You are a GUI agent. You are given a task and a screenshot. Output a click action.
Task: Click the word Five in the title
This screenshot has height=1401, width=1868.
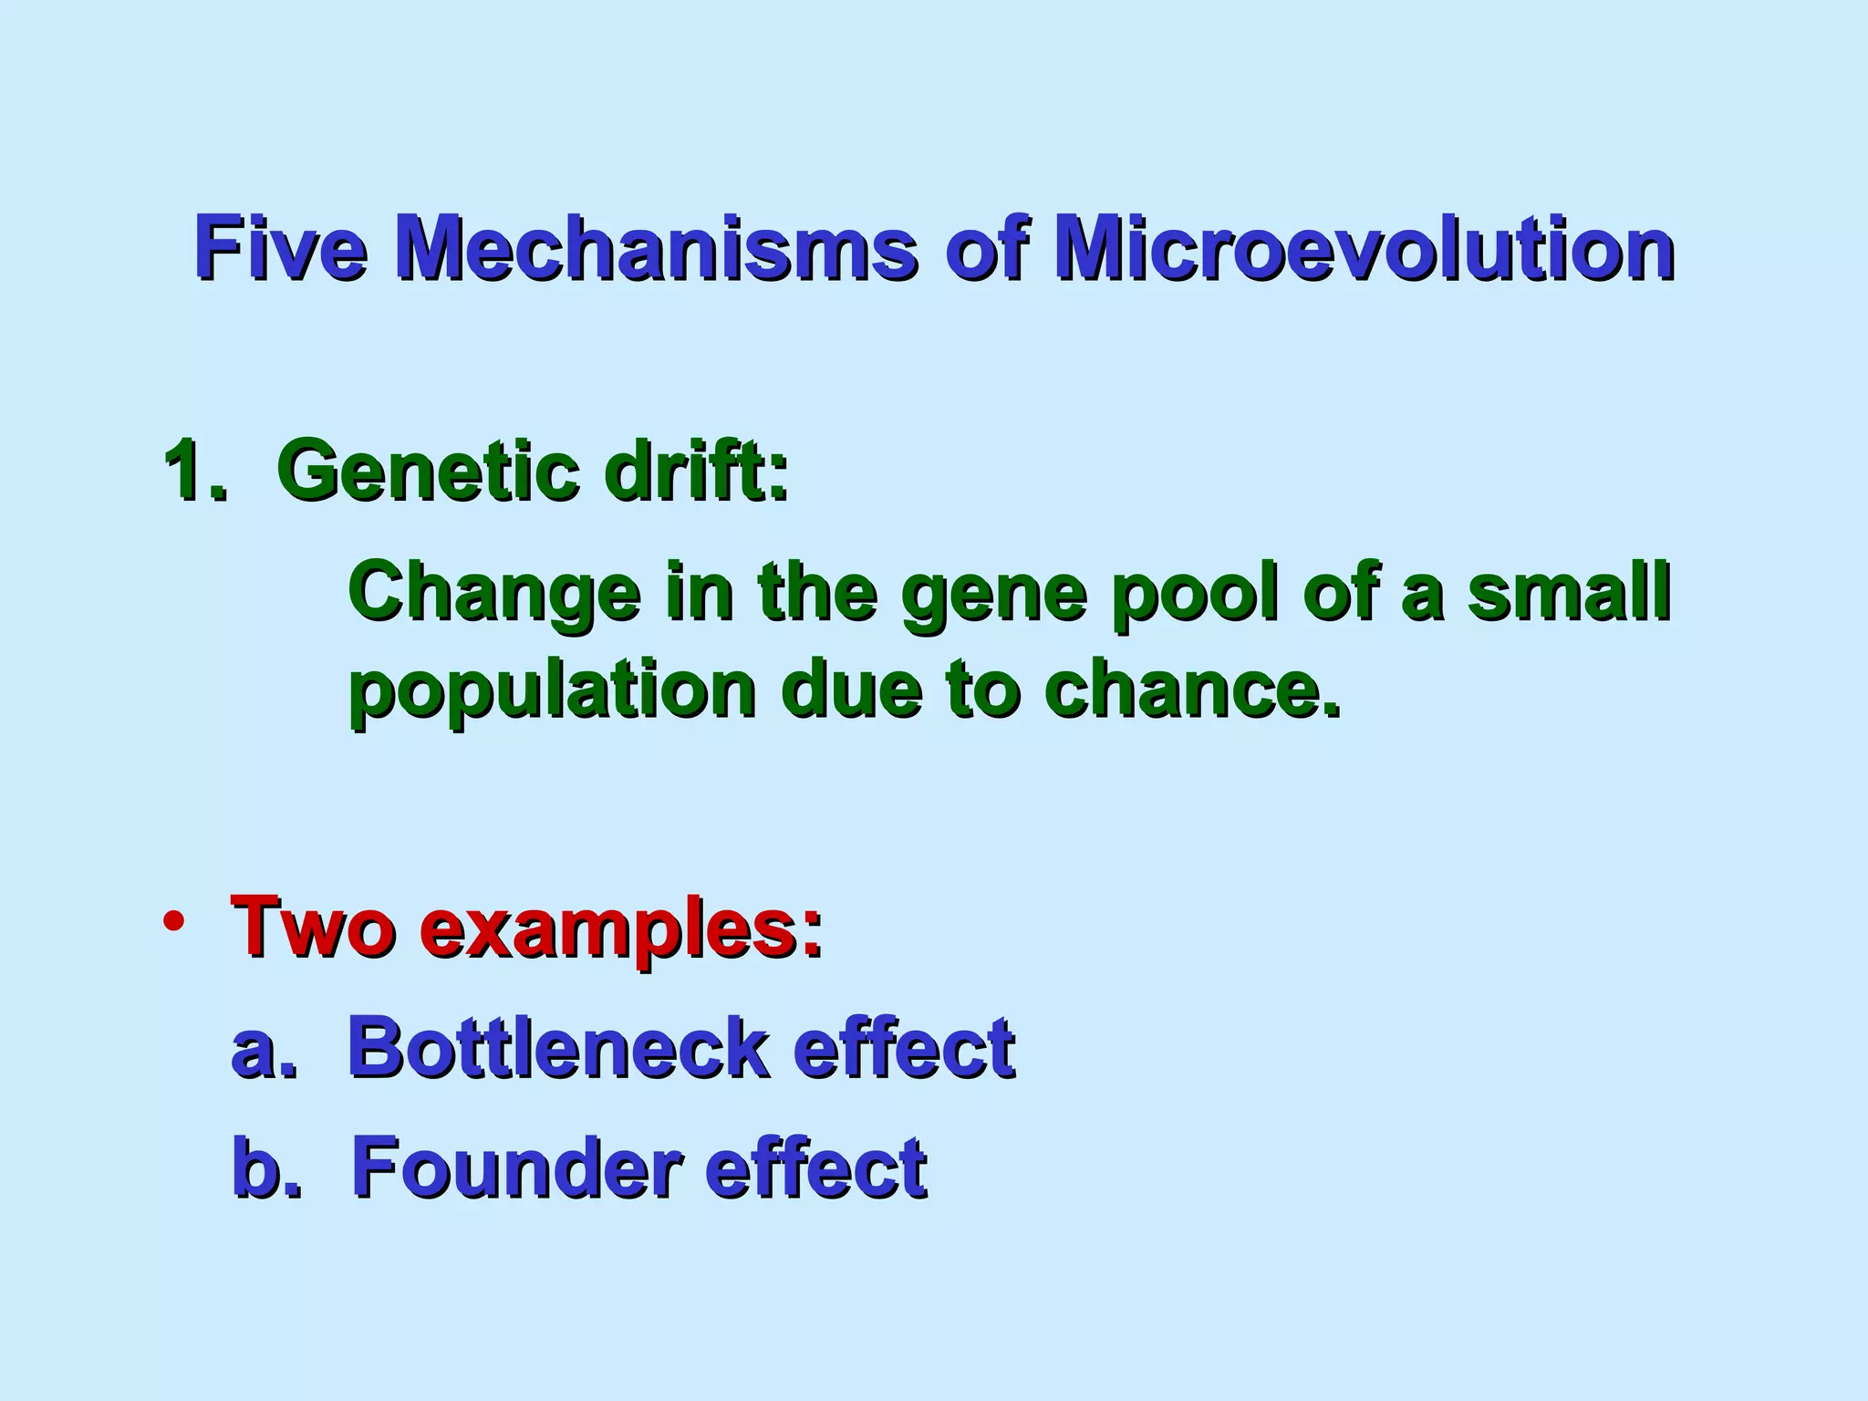[280, 248]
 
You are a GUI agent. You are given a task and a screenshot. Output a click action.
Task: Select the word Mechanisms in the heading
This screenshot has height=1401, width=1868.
[656, 248]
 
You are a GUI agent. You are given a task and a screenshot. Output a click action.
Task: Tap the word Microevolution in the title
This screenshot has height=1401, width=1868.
[1363, 248]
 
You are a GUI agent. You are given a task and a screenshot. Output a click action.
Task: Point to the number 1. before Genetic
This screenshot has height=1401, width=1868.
[194, 471]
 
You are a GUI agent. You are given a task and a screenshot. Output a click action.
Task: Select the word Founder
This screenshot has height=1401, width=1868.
[516, 1167]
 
